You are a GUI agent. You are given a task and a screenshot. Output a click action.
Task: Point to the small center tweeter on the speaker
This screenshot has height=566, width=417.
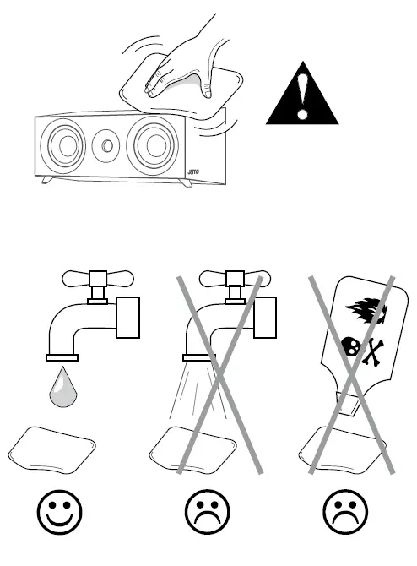pos(108,144)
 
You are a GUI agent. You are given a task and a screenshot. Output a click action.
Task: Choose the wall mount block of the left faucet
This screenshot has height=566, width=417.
pos(127,317)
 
